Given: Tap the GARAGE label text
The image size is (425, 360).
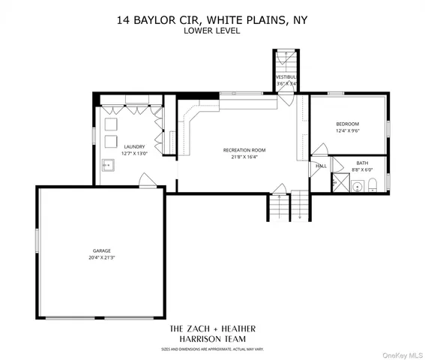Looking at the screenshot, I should [x=102, y=250].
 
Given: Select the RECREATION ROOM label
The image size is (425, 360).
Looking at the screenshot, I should [x=244, y=150].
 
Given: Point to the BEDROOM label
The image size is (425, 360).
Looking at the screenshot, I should [x=348, y=124].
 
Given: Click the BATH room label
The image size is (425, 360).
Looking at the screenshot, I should [x=362, y=163].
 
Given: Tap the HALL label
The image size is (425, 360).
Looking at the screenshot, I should [x=321, y=166].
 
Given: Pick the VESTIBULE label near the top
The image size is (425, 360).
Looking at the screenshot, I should [x=286, y=77].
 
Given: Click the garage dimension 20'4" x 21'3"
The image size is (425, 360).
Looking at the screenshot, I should [x=102, y=257].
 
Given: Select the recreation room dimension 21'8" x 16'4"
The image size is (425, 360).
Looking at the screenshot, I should [x=244, y=157].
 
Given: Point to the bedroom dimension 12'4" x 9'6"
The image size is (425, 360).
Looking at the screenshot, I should [x=348, y=130].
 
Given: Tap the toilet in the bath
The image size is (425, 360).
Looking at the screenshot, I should [x=373, y=184].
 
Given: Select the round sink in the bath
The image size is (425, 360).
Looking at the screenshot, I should [x=357, y=186].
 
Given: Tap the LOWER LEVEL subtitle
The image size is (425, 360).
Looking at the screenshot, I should [x=212, y=31].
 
